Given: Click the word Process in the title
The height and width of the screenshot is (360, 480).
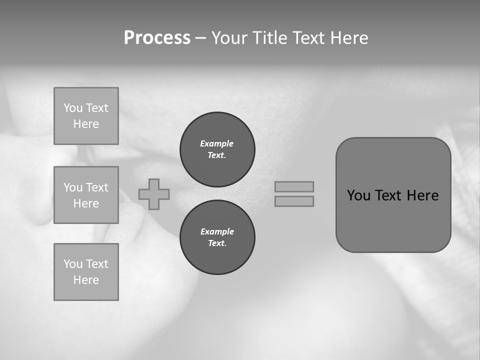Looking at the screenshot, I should pyautogui.click(x=157, y=38).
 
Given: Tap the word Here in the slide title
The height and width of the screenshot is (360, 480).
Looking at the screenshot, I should pyautogui.click(x=348, y=38).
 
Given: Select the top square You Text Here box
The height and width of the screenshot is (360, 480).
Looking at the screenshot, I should pyautogui.click(x=86, y=116).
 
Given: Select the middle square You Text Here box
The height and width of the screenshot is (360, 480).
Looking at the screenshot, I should pyautogui.click(x=86, y=195).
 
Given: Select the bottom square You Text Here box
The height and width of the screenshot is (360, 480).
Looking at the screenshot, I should pyautogui.click(x=86, y=272).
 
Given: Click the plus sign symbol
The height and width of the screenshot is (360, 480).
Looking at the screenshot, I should pyautogui.click(x=154, y=194).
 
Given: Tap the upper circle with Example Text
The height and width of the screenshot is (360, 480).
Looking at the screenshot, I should pyautogui.click(x=217, y=149).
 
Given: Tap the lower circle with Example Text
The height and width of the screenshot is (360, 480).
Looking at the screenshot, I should pyautogui.click(x=217, y=237).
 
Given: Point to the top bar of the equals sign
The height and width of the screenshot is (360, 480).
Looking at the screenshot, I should pyautogui.click(x=294, y=186).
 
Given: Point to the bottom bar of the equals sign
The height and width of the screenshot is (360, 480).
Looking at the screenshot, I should pyautogui.click(x=294, y=201).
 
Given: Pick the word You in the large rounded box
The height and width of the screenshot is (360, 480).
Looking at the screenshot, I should pyautogui.click(x=358, y=195).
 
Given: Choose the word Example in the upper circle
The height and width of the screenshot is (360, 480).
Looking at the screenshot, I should pyautogui.click(x=217, y=143).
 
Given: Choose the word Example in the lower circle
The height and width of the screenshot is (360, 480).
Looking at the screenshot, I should pyautogui.click(x=217, y=231).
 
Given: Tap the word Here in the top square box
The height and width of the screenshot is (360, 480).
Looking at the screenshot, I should pyautogui.click(x=86, y=124).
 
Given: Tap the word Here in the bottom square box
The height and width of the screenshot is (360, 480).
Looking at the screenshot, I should pyautogui.click(x=86, y=280).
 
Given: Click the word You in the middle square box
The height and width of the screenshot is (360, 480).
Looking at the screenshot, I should pyautogui.click(x=73, y=187).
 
